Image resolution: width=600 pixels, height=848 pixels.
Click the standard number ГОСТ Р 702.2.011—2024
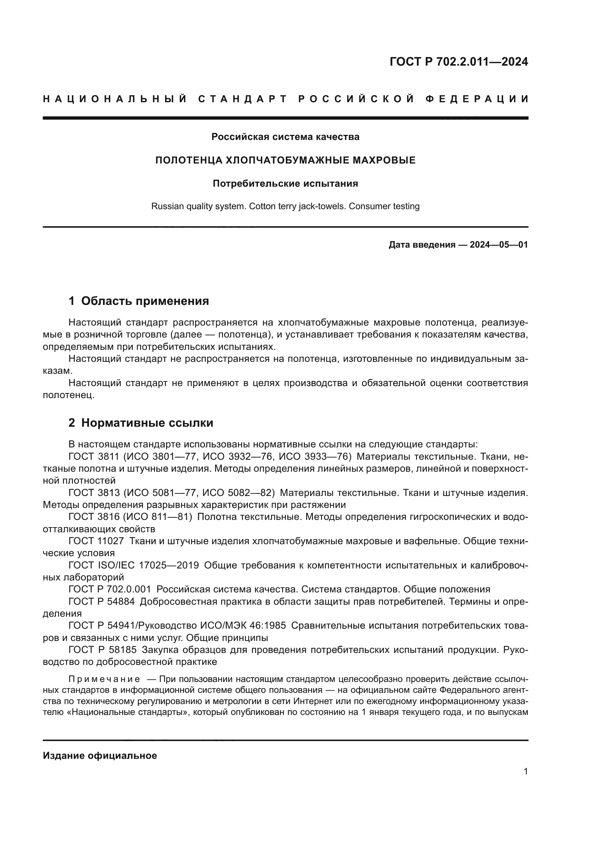459,62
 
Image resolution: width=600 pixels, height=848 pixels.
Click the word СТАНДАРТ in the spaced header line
243,99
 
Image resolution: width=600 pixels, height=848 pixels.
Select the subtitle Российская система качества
285,137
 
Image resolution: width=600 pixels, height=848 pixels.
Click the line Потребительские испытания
285,183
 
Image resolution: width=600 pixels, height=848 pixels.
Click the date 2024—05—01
499,244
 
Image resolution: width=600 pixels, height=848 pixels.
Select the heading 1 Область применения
139,301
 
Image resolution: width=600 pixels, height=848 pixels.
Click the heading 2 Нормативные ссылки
141,423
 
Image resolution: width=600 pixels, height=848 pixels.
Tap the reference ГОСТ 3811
94,457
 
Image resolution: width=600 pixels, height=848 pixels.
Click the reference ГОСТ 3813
94,493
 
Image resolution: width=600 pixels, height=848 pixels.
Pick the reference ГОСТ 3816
94,517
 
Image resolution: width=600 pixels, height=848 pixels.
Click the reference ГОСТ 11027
96,541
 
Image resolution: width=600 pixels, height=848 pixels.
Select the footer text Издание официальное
100,756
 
